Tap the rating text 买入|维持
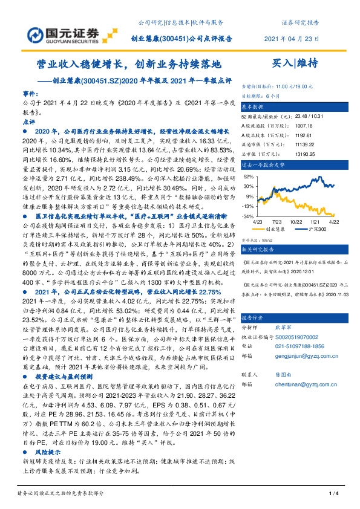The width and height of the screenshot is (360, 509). coord(296,62)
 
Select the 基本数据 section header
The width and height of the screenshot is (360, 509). coord(255,105)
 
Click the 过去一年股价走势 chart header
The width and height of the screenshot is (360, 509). coord(264,164)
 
